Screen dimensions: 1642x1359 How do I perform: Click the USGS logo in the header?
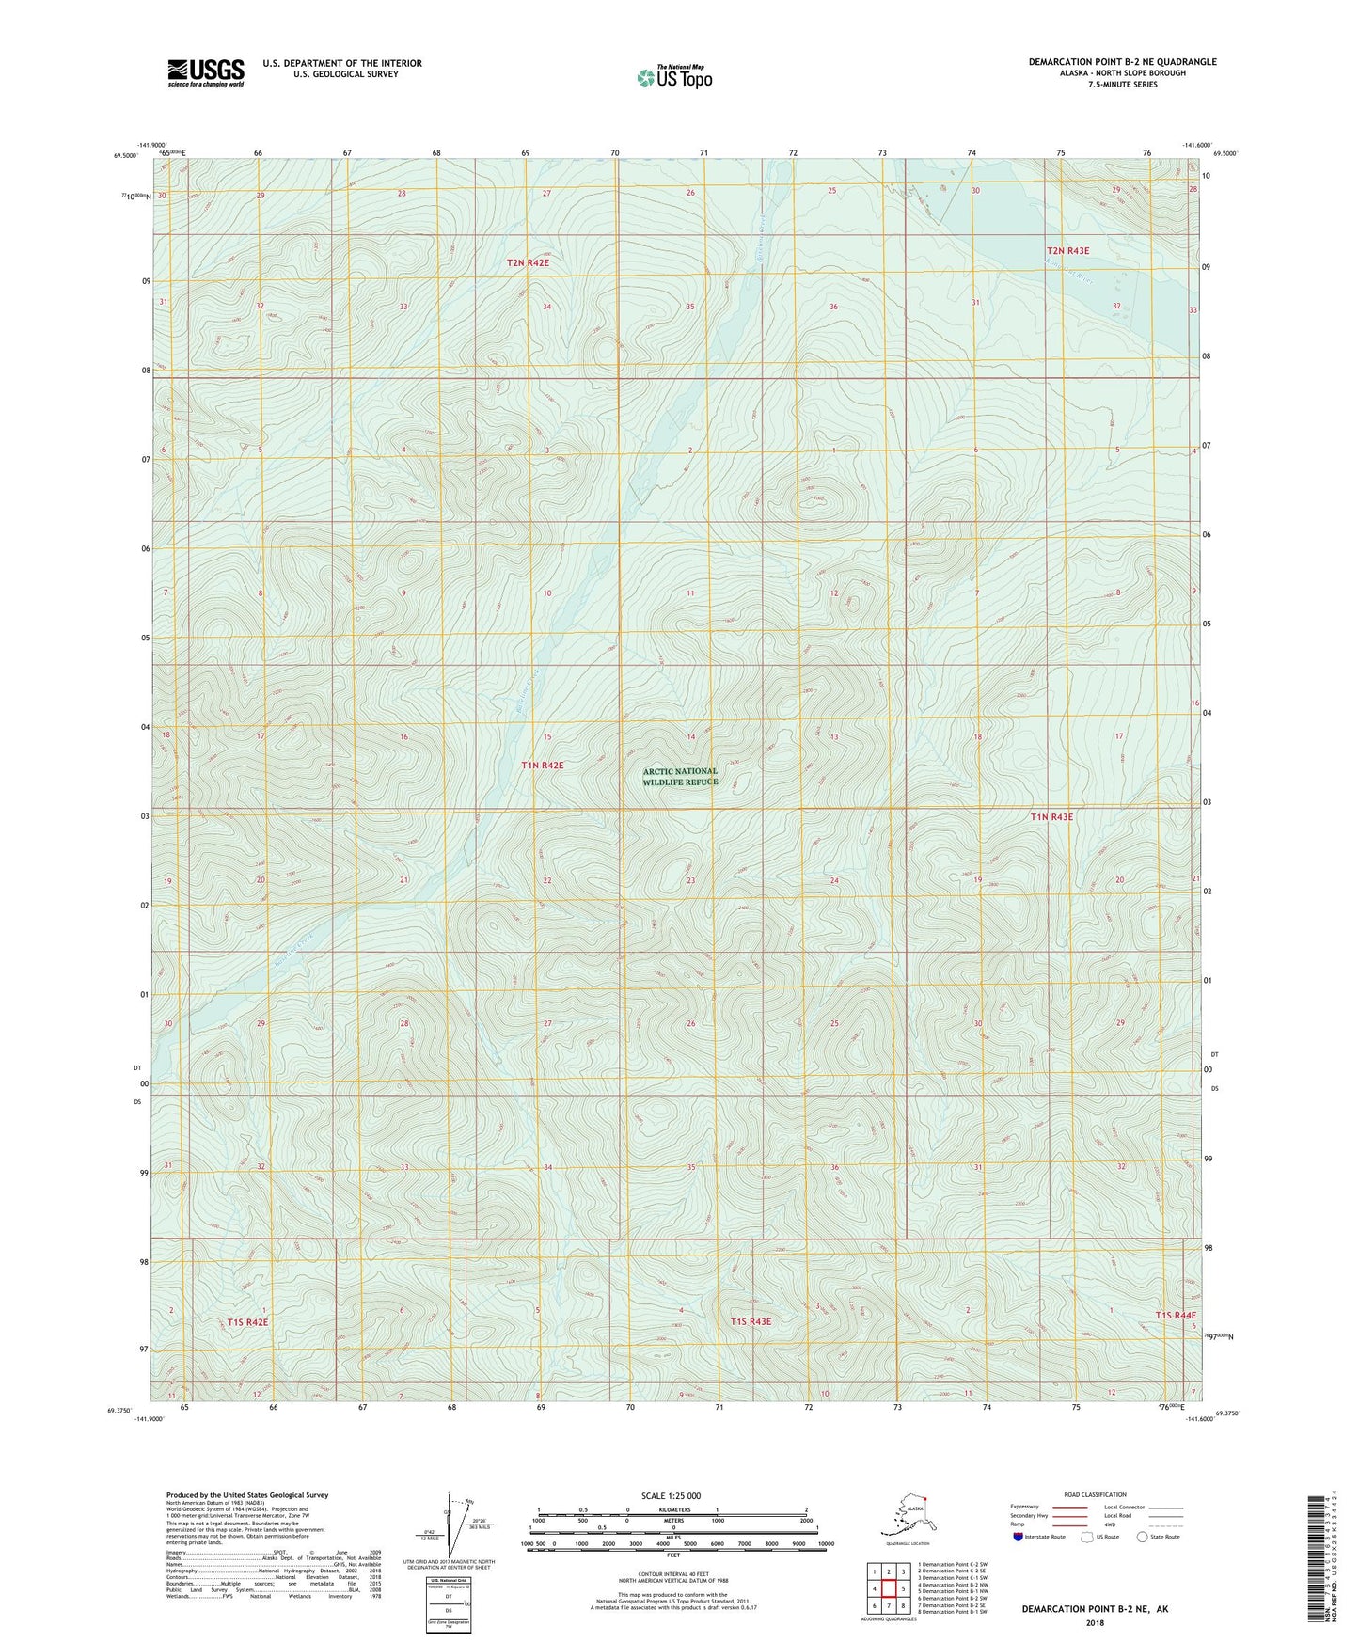pos(205,72)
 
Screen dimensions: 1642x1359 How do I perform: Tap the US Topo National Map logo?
pos(674,77)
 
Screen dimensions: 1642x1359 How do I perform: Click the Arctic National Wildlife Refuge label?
pos(680,776)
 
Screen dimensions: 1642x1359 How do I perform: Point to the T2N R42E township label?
pos(528,263)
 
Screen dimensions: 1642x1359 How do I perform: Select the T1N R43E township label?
pos(1051,817)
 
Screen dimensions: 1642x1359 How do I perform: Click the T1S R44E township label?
pos(1176,1315)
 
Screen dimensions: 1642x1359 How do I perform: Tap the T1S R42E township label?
pos(247,1322)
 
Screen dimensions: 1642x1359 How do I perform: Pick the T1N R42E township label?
pos(543,766)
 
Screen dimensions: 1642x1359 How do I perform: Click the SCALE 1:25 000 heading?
pos(672,1496)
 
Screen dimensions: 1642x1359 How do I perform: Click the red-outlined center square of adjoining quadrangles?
pos(888,1589)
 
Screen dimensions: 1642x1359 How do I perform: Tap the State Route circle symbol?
pos(1143,1537)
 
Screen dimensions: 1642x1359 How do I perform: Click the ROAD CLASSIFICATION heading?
pos(1095,1494)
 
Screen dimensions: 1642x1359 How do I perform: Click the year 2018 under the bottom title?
pos(1095,1622)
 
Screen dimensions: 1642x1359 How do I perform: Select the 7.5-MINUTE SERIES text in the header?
pos(1122,85)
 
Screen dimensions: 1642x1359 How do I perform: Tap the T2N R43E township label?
pos(1067,251)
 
